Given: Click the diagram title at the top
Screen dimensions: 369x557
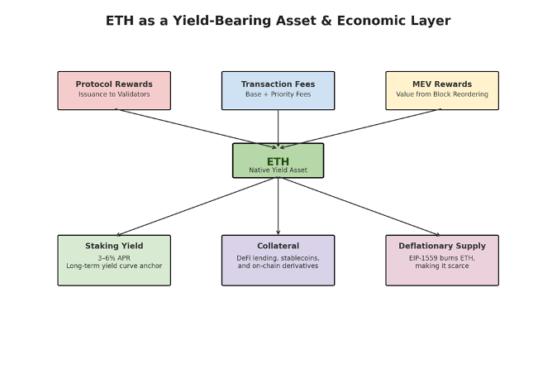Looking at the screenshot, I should pyautogui.click(x=278, y=21).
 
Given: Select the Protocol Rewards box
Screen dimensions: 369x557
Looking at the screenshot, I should pyautogui.click(x=114, y=90).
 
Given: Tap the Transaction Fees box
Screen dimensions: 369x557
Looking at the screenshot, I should pyautogui.click(x=278, y=90).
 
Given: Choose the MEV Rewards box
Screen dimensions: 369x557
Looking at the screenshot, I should pyautogui.click(x=442, y=90).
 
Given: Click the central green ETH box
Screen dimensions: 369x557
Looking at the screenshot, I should pyautogui.click(x=278, y=161).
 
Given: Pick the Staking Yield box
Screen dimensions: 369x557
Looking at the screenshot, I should pyautogui.click(x=114, y=260).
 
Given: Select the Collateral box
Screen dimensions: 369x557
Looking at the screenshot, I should pyautogui.click(x=278, y=260).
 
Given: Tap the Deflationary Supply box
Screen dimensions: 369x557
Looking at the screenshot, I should pyautogui.click(x=442, y=260).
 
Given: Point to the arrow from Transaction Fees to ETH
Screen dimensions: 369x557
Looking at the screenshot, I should pyautogui.click(x=278, y=127).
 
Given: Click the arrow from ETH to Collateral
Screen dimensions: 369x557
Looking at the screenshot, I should pyautogui.click(x=278, y=207).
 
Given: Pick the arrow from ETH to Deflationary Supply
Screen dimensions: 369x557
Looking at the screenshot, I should pyautogui.click(x=359, y=207).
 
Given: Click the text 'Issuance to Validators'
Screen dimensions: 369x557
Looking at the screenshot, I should pyautogui.click(x=114, y=94).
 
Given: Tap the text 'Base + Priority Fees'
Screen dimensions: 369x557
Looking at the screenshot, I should pyautogui.click(x=278, y=94).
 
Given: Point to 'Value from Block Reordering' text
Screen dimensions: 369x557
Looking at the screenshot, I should pyautogui.click(x=442, y=94).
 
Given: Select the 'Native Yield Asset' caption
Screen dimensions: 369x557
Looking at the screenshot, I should pyautogui.click(x=278, y=170).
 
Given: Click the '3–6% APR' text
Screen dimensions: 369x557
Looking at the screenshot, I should pyautogui.click(x=114, y=257).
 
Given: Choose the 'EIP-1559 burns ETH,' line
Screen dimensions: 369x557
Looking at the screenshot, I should pyautogui.click(x=442, y=257).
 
